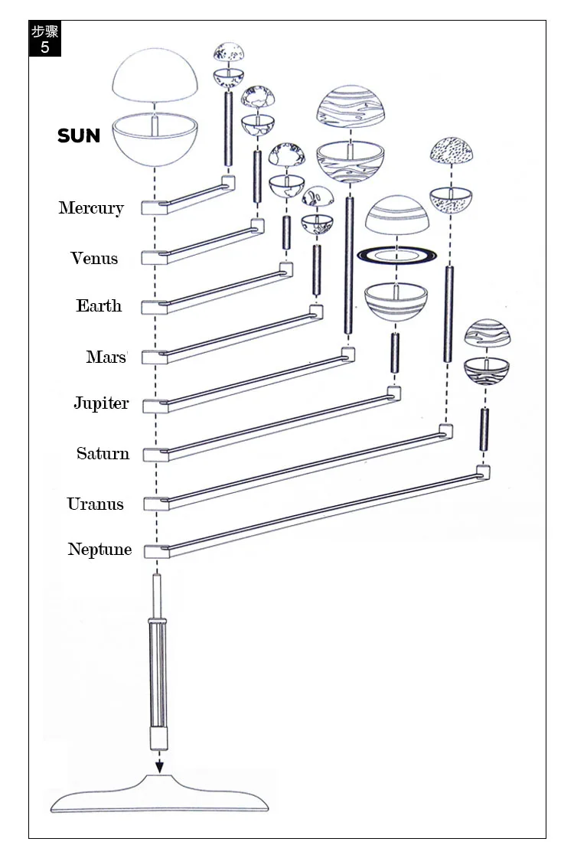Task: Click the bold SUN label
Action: click(79, 135)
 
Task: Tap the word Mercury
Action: click(91, 207)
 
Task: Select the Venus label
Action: click(94, 258)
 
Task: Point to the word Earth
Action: click(99, 305)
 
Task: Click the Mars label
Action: click(106, 357)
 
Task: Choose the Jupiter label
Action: click(101, 403)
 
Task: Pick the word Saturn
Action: click(103, 453)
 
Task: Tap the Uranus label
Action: click(95, 504)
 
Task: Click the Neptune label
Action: click(99, 549)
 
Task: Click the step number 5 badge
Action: click(45, 39)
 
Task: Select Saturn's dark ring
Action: click(396, 255)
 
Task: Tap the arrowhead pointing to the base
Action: click(159, 767)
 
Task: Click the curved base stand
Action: click(159, 795)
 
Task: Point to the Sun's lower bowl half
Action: click(155, 139)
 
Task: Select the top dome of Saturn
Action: click(397, 215)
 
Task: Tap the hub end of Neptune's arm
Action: click(156, 551)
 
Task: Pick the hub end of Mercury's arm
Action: click(153, 207)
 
